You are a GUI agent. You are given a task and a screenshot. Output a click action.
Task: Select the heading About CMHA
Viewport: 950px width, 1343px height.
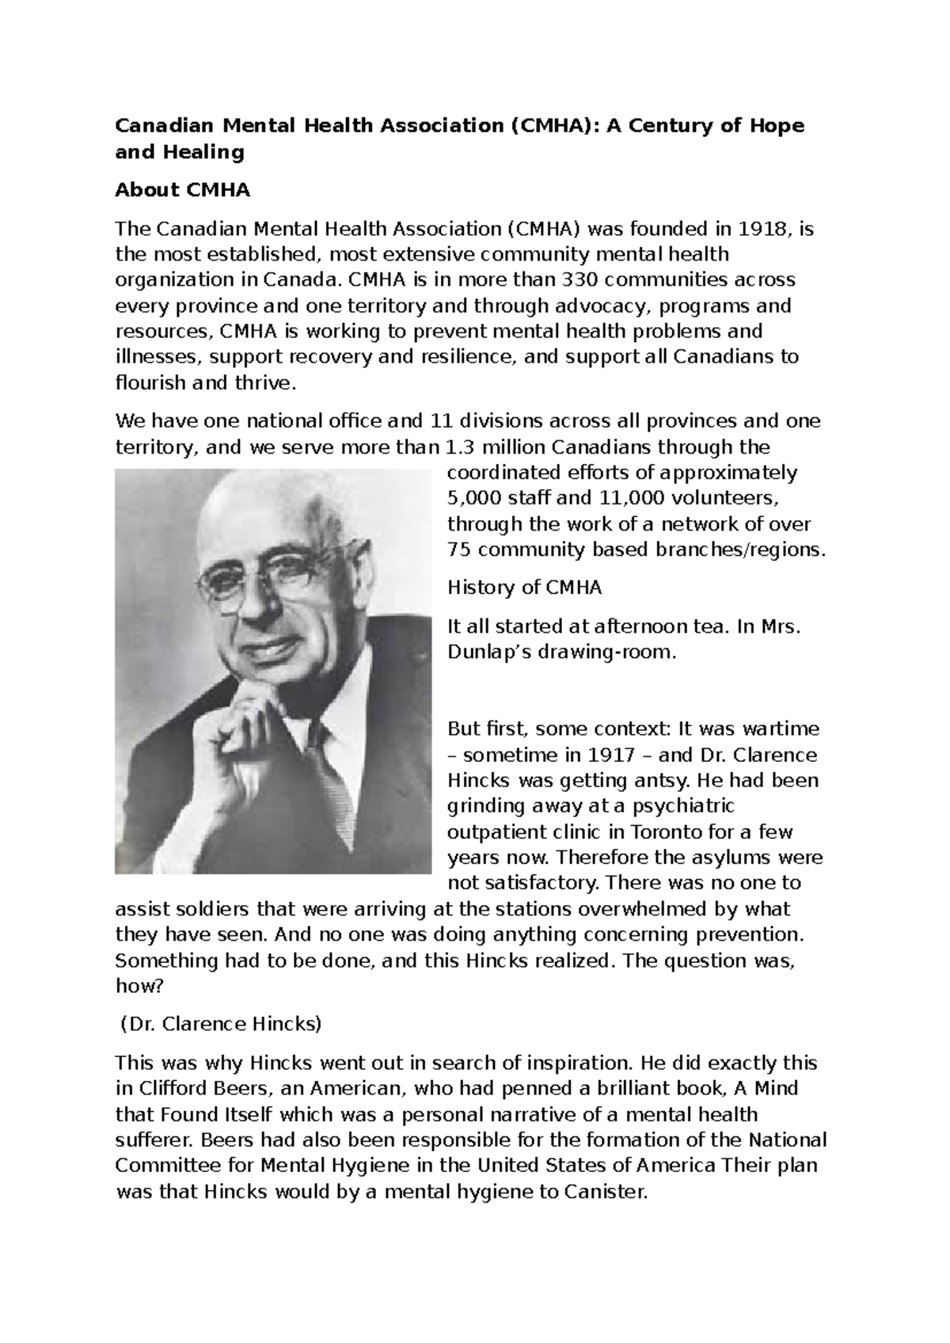pos(182,190)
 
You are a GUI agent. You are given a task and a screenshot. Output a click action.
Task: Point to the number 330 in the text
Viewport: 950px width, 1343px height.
pos(578,280)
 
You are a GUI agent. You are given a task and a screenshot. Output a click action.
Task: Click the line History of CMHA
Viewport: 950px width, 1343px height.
pos(524,588)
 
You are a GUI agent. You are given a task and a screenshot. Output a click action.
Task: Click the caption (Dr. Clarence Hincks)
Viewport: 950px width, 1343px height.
pos(221,1024)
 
